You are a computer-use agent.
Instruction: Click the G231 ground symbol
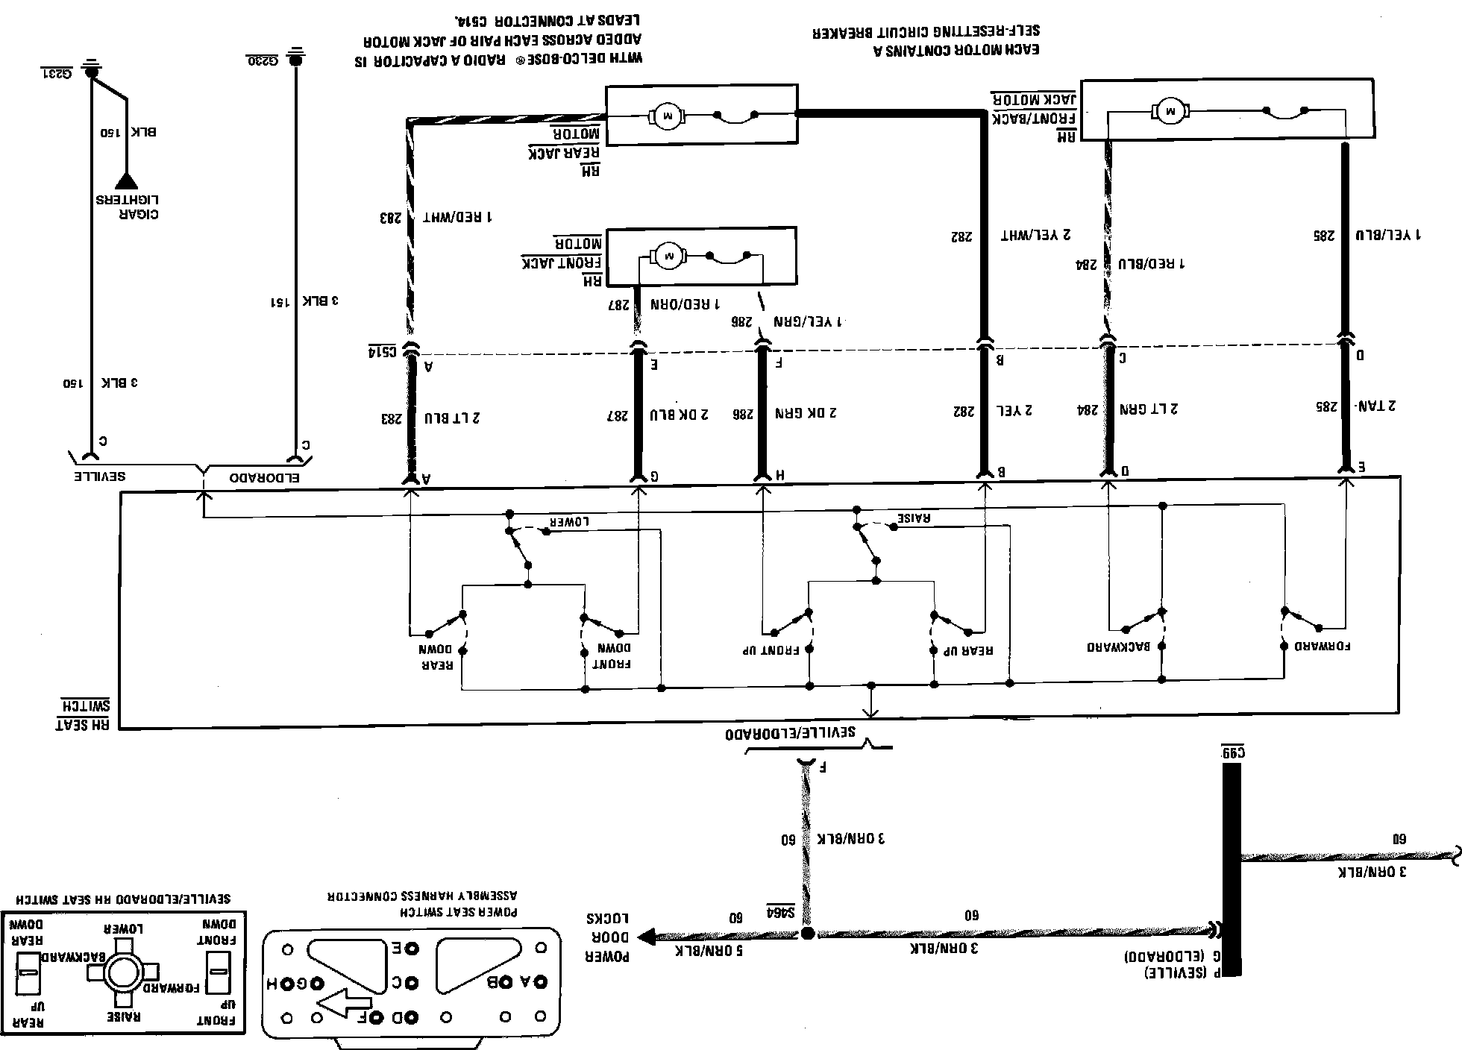coord(91,72)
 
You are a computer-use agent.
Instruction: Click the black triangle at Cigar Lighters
coord(126,181)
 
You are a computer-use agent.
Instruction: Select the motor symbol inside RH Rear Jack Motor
coord(665,116)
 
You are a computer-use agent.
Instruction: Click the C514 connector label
coord(381,351)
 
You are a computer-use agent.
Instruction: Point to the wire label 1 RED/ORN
coord(685,304)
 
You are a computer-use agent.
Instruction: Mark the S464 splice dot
coord(808,934)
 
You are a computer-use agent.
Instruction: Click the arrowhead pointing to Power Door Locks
coord(646,936)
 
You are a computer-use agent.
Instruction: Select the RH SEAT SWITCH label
coord(84,714)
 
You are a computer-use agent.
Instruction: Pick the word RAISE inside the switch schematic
coord(914,518)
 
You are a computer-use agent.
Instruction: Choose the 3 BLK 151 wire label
coord(304,301)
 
